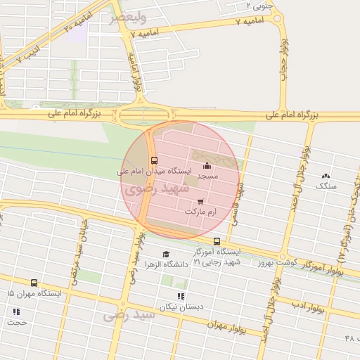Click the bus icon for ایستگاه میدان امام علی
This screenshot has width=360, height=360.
[154, 160]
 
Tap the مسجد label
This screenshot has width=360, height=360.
[207, 176]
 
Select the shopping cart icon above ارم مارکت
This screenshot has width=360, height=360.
[202, 202]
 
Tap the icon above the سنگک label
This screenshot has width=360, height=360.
[326, 176]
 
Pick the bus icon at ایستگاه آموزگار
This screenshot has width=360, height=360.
[217, 241]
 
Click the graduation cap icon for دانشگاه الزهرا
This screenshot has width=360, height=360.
[166, 255]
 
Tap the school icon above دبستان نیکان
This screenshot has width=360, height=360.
[181, 296]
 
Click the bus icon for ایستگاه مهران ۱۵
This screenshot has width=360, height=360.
[34, 283]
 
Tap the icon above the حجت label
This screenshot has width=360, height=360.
[15, 311]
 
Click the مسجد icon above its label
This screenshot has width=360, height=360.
[207, 166]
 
